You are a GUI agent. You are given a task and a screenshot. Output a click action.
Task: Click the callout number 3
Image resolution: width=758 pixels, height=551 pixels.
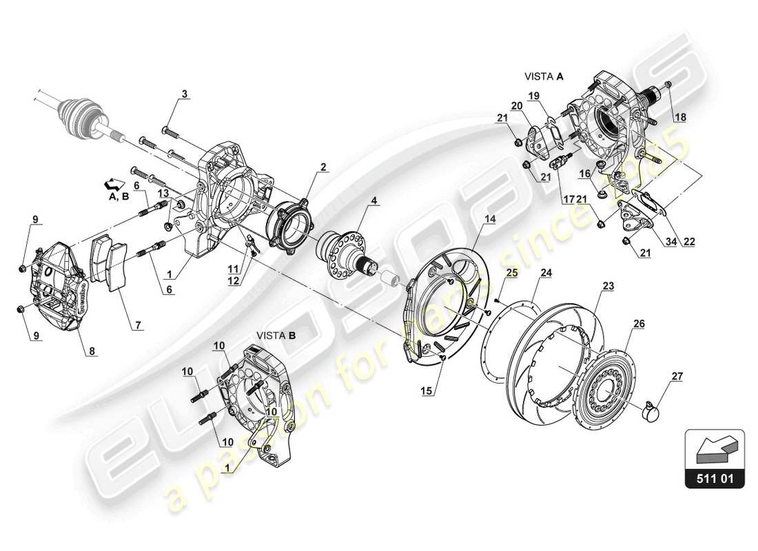[x=184, y=94]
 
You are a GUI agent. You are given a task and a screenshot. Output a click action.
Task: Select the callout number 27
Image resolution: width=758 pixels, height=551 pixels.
[x=677, y=376]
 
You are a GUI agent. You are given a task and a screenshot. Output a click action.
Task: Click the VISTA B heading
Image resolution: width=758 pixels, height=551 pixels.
[x=276, y=335]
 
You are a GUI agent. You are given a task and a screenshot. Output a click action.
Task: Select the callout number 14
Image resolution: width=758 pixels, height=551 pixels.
[x=489, y=219]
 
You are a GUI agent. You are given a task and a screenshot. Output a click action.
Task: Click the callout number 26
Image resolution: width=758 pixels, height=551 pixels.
[x=639, y=323]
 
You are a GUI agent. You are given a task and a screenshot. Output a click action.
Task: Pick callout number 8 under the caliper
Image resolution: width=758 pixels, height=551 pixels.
[x=91, y=351]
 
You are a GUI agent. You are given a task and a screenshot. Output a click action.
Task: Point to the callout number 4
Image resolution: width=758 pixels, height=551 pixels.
[x=373, y=201]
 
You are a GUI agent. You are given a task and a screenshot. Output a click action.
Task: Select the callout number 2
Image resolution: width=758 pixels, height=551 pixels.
[x=323, y=167]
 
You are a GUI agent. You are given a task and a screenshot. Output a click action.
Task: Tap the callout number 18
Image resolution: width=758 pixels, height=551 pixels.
[x=679, y=118]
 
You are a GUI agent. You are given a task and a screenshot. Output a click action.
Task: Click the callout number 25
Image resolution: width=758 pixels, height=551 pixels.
[x=510, y=274]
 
